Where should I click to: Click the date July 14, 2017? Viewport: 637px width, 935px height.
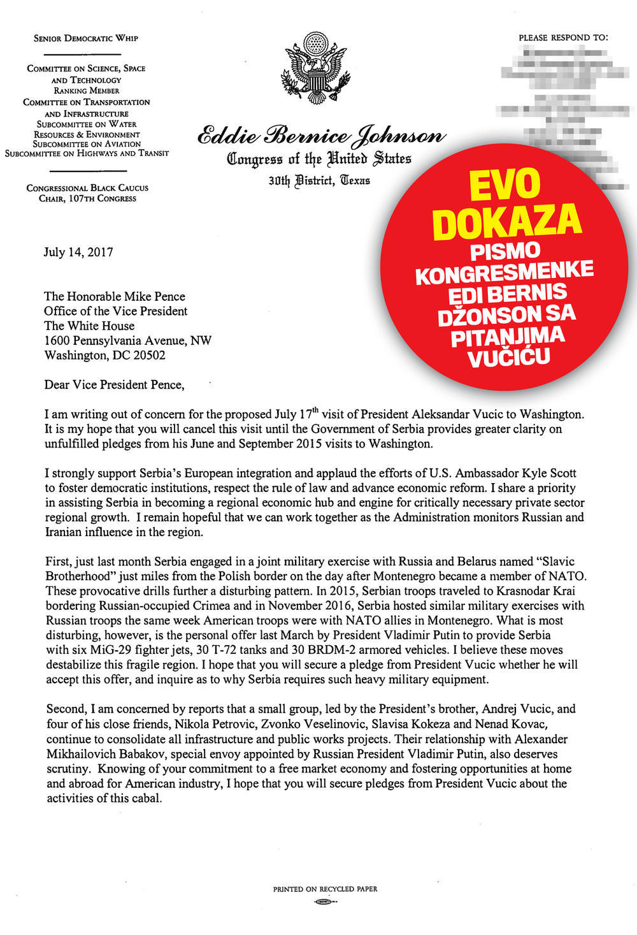pos(78,252)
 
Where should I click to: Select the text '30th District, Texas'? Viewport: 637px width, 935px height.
pos(319,180)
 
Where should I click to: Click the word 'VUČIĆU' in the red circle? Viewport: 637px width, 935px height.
pos(509,359)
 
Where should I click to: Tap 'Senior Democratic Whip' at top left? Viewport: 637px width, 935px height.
pos(86,38)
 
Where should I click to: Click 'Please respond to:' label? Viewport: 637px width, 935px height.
pos(563,38)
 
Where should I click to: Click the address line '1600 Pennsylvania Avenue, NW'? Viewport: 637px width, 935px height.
pos(127,340)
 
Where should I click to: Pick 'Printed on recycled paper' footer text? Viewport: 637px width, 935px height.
pos(325,888)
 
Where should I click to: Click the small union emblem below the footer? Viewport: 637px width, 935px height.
pos(325,902)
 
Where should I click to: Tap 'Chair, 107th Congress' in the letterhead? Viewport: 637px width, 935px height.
pos(87,198)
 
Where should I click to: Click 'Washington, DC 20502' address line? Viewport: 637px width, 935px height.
pos(104,355)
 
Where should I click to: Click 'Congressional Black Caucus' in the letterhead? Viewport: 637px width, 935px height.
pos(87,188)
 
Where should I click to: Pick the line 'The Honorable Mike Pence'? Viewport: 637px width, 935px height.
pos(115,296)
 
